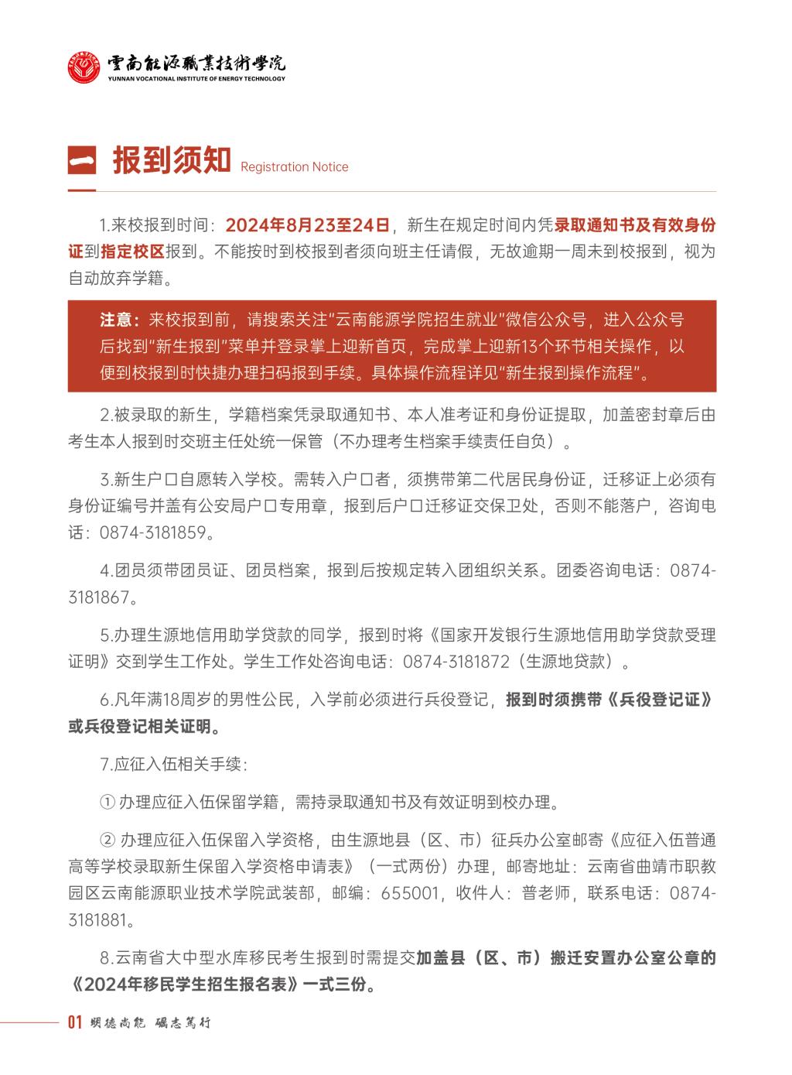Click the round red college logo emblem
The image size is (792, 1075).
[84, 67]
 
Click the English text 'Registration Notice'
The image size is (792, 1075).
[294, 167]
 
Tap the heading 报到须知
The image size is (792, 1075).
[172, 161]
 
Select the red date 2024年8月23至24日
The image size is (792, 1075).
[307, 225]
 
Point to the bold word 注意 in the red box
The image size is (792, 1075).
[119, 320]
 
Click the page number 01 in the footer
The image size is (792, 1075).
[75, 1023]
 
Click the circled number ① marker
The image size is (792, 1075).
[108, 802]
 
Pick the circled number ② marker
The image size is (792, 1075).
[108, 840]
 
